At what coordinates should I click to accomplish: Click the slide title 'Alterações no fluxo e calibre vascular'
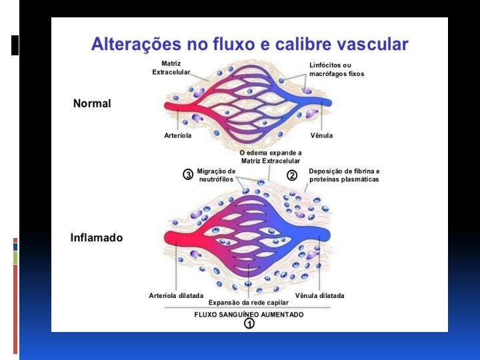tap(249, 45)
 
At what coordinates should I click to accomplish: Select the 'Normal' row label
tap(92, 103)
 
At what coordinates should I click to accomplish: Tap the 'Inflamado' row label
tap(97, 237)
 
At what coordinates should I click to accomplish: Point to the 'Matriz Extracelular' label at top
tap(171, 68)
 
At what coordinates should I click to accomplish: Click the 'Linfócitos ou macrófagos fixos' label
tap(337, 69)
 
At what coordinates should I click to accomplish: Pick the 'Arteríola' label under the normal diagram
tap(178, 135)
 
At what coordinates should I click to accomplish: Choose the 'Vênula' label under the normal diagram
tap(321, 135)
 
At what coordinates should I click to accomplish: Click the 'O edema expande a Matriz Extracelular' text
tap(270, 157)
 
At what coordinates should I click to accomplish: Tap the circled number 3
tap(188, 175)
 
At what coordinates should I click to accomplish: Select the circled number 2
tap(291, 175)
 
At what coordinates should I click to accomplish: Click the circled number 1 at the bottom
tap(249, 324)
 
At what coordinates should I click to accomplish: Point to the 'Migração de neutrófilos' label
tap(216, 175)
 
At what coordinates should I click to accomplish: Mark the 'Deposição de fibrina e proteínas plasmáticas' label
tap(344, 175)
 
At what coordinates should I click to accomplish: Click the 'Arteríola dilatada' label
tap(176, 295)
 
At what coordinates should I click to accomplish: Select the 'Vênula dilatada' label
tap(319, 295)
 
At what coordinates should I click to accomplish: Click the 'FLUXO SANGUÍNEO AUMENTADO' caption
tap(249, 314)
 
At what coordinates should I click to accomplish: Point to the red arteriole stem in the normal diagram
tap(175, 107)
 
